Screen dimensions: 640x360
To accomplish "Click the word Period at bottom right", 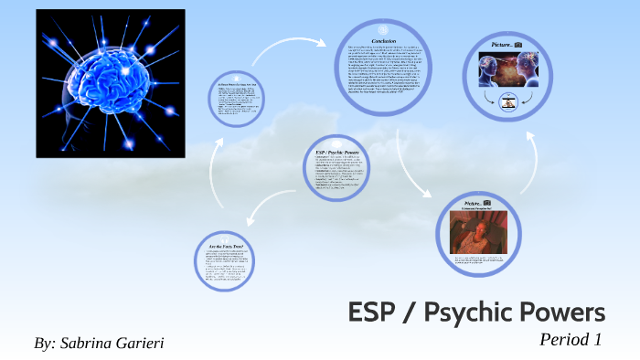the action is [x=567, y=339].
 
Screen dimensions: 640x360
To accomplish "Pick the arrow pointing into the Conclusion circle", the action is [x=302, y=42].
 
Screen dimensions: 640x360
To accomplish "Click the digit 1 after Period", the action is [x=598, y=339].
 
